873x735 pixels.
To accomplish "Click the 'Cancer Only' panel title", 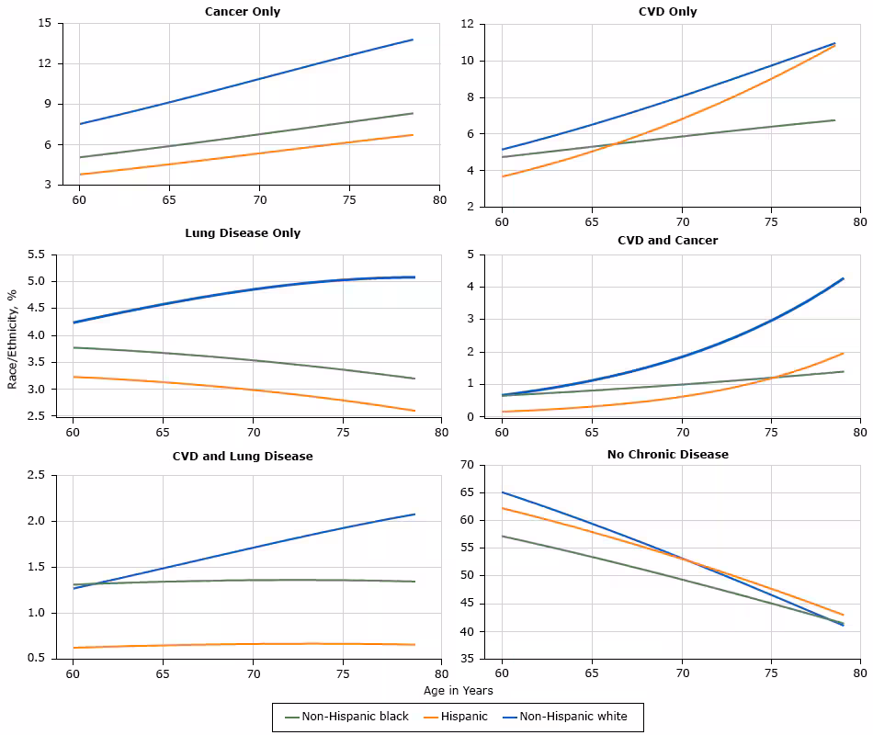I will click(243, 12).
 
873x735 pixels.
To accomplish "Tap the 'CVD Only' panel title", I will click(667, 12).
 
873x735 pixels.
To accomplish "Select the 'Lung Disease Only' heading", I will click(243, 232).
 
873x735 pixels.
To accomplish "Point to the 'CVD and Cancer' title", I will click(667, 240).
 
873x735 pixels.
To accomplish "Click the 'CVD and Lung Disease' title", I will click(243, 456).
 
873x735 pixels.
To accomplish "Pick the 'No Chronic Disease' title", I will click(667, 454).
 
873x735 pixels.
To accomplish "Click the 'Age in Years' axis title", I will click(459, 690).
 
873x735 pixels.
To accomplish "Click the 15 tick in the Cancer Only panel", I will click(45, 23).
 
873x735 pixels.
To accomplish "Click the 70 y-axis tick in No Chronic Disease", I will click(466, 465).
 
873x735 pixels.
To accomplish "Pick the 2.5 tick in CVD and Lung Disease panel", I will click(40, 475).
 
